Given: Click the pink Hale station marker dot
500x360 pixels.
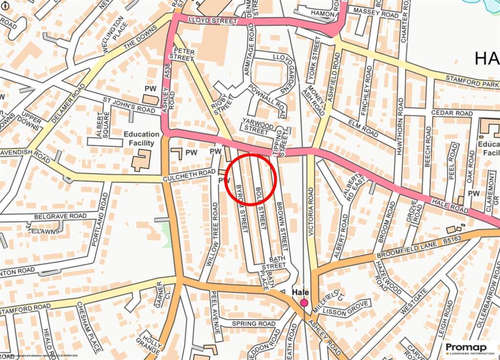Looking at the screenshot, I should click(x=304, y=303).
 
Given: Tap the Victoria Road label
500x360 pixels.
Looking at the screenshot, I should click(x=312, y=212).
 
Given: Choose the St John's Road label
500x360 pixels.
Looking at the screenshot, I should click(x=128, y=106).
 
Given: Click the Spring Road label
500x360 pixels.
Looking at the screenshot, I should click(x=253, y=324).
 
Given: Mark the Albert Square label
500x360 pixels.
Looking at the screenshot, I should click(x=103, y=125).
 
